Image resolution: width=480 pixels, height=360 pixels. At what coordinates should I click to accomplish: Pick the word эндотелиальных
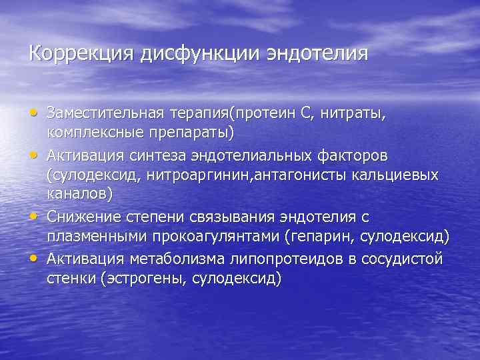pyautogui.click(x=259, y=155)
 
